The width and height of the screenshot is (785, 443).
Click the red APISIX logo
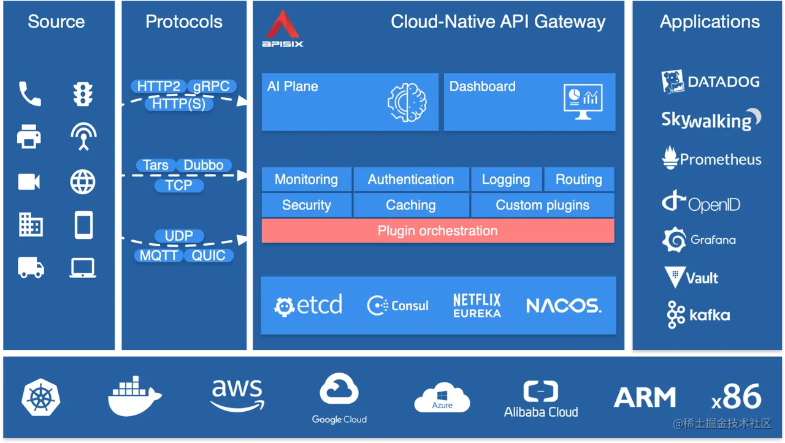pos(283,28)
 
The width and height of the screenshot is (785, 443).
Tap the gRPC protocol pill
pos(211,86)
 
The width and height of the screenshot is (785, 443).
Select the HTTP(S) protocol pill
pos(179,104)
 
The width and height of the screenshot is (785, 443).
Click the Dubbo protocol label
pos(204,165)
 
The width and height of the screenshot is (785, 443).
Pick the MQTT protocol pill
pos(159,256)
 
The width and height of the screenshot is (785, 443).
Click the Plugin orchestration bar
pos(438,231)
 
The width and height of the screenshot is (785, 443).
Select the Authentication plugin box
pos(411,180)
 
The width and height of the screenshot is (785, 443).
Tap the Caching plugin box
pos(411,205)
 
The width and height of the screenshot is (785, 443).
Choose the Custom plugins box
pos(542,205)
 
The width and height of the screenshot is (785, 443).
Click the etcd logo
pos(308,305)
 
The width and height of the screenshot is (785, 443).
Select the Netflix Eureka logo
pos(477,305)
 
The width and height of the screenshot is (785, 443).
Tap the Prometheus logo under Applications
pos(711,159)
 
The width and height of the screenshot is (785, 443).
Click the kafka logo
pos(699,316)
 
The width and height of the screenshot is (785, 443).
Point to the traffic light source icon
pos(83,94)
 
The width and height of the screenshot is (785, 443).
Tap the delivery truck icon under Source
pos(31,268)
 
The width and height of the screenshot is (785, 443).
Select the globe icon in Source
pos(83,182)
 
